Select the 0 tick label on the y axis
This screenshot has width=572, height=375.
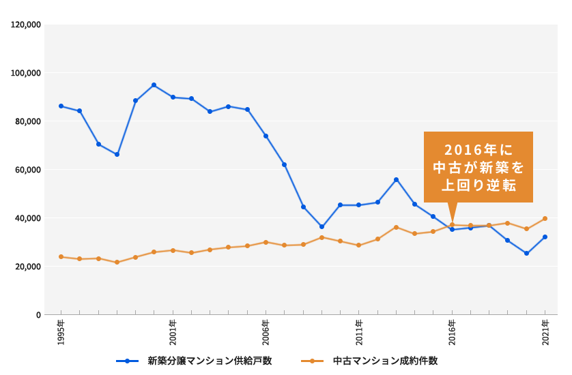click(x=39, y=315)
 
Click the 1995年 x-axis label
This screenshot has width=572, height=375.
click(x=61, y=332)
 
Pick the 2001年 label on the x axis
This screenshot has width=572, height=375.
click(x=173, y=332)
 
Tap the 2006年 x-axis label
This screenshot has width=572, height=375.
click(x=266, y=332)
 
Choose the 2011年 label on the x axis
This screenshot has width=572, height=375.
click(x=359, y=332)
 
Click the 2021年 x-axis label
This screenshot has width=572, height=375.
click(x=545, y=332)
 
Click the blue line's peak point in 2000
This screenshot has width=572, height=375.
click(x=154, y=85)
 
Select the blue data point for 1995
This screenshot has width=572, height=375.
click(x=61, y=106)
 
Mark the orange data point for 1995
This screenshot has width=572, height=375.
click(x=61, y=257)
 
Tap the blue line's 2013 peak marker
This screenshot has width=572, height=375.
click(x=396, y=180)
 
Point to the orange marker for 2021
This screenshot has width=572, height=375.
click(x=545, y=219)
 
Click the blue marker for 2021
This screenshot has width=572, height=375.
click(x=545, y=237)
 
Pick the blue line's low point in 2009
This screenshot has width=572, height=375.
click(x=321, y=227)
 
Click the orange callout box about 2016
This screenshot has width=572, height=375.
click(x=478, y=167)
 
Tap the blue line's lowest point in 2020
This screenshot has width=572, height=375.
click(x=526, y=254)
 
